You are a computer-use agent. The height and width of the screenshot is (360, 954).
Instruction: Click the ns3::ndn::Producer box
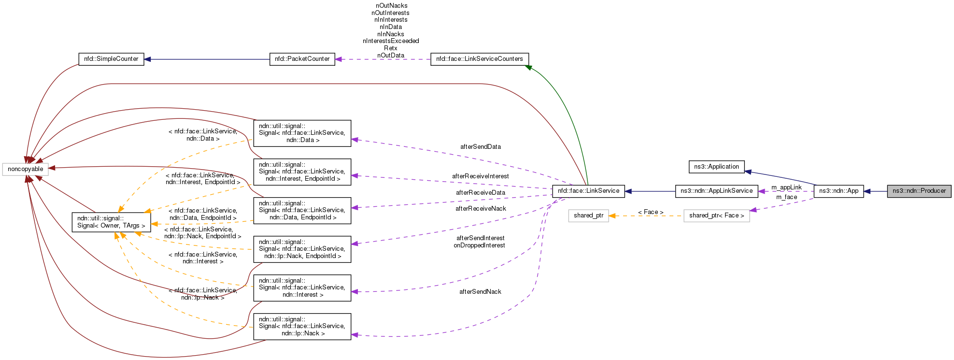coord(919,191)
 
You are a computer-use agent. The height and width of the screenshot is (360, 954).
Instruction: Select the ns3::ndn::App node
coord(839,191)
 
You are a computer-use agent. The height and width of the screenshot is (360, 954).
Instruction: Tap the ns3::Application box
coord(716,167)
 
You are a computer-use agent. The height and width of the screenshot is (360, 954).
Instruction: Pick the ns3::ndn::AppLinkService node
coord(716,191)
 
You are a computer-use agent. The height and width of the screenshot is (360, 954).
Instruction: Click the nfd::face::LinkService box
coord(588,191)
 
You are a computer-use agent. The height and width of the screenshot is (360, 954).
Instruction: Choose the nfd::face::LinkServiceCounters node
coord(479,59)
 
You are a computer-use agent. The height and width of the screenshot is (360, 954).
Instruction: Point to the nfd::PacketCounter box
coord(302,59)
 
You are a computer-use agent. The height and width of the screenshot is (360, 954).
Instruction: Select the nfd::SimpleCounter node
coord(111,59)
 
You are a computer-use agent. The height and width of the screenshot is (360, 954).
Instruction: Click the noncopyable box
coord(25,169)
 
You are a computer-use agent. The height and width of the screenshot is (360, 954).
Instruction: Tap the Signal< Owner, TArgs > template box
coord(111,222)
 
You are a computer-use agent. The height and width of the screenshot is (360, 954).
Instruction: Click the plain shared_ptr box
coord(588,216)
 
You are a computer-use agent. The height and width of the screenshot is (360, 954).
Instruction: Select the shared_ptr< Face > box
coord(716,216)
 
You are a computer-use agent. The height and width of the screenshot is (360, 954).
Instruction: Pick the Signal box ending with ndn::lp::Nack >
coord(302,326)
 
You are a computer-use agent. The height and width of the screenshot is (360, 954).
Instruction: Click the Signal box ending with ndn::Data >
coord(302,133)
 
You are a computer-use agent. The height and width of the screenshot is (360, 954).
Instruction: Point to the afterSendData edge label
coord(480,147)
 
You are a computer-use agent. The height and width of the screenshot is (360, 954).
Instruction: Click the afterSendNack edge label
coord(480,292)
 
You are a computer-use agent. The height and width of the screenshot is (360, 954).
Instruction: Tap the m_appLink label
coord(786,187)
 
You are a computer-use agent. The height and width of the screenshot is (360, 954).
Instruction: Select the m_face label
coord(786,197)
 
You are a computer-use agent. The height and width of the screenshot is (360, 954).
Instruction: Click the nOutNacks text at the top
coord(391,6)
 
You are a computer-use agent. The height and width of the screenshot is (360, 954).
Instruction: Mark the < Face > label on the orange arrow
coord(650,212)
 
